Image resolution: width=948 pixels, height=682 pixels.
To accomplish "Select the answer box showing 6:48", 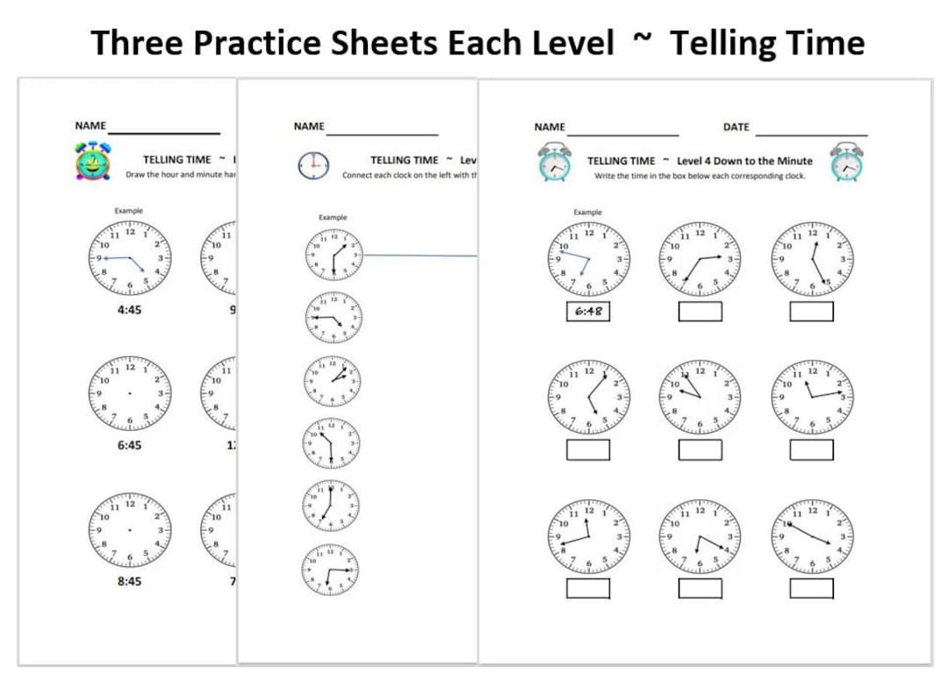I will click(x=588, y=312).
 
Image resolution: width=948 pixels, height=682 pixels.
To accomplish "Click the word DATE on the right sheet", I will click(x=736, y=127).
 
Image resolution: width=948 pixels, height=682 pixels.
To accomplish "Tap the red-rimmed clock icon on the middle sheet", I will click(x=313, y=165).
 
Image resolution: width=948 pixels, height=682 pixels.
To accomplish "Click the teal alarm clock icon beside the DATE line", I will click(x=847, y=163).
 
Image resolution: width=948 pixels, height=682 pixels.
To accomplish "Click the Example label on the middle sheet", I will click(x=333, y=217).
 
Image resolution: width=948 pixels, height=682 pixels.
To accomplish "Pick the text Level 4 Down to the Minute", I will click(x=744, y=161).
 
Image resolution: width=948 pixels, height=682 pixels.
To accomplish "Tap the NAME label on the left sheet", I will click(x=90, y=126).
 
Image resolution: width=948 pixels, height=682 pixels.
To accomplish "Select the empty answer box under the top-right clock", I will click(x=811, y=312).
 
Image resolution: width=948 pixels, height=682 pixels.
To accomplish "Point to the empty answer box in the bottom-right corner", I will click(x=811, y=587).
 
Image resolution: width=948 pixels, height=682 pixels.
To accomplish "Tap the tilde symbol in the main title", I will click(x=643, y=39).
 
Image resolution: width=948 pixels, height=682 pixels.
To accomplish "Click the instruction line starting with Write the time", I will click(x=700, y=176).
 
